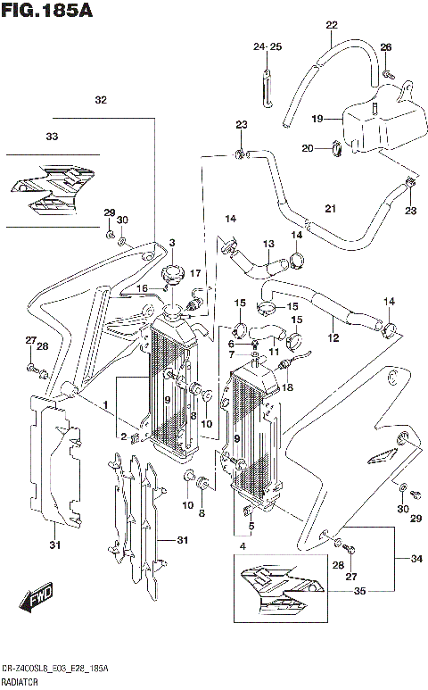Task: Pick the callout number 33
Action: tap(51, 137)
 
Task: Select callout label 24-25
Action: tap(266, 46)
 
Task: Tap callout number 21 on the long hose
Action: tap(329, 209)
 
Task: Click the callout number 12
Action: tap(333, 338)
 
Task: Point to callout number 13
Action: tap(267, 244)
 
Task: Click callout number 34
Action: tap(416, 559)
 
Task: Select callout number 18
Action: tap(287, 388)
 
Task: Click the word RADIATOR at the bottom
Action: tap(23, 681)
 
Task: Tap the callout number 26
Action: tap(385, 46)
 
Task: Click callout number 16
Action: tap(141, 288)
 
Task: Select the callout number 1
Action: tap(105, 404)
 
